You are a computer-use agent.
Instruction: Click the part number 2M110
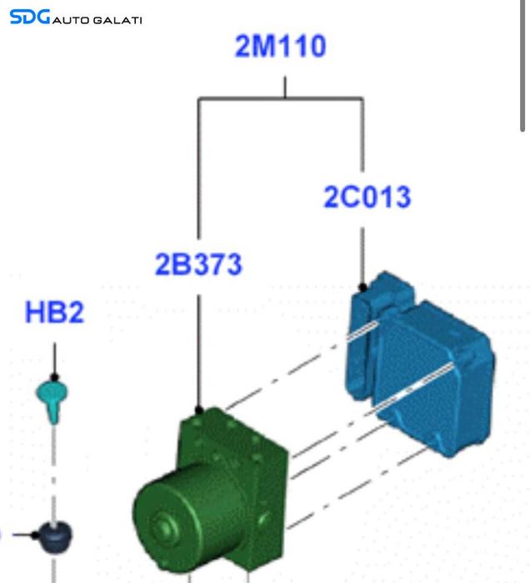pos(280,46)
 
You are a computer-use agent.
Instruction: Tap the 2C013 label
pos(367,197)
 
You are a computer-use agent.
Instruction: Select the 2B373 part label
pos(198,264)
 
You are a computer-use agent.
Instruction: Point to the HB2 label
pos(55,312)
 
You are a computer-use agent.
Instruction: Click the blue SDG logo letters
pos(30,18)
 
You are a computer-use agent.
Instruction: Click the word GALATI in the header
pos(117,20)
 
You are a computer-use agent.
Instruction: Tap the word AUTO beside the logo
pos(71,20)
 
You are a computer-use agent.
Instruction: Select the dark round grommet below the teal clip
pos(55,537)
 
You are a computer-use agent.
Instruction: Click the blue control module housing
pos(420,364)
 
